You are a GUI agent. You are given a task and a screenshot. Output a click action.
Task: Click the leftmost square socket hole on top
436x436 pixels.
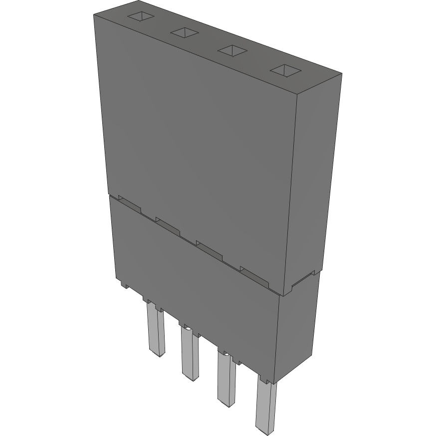(141, 16)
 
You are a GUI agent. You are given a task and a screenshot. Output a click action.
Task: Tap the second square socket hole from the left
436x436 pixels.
(185, 33)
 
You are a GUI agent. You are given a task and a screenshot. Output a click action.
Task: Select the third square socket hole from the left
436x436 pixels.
(233, 50)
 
